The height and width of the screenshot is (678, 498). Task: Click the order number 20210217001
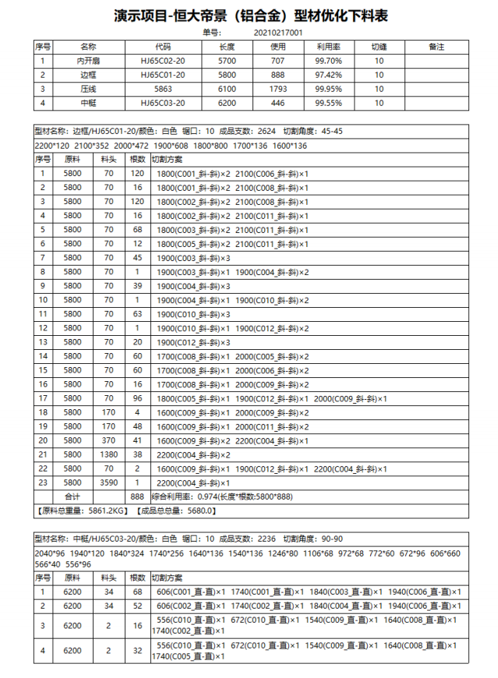tap(278, 33)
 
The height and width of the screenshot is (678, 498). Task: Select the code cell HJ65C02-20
tap(163, 61)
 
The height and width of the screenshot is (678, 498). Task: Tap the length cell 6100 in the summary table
tap(228, 89)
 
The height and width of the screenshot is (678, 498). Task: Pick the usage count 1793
tap(277, 89)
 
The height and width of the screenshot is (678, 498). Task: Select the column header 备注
tap(436, 47)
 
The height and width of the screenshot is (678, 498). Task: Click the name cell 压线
tap(88, 89)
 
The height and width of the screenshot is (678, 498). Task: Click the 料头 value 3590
tap(108, 482)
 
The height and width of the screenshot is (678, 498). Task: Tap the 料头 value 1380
tap(108, 454)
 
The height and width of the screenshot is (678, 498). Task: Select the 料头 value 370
tap(108, 440)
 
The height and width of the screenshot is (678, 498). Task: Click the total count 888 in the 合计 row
tap(137, 496)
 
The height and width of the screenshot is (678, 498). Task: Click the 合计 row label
tap(72, 496)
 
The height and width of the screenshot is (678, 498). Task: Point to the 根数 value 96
tap(137, 397)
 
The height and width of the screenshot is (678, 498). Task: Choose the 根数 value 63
tap(137, 313)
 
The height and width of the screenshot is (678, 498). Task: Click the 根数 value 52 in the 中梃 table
tap(137, 606)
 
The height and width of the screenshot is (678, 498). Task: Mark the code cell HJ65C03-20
tap(163, 103)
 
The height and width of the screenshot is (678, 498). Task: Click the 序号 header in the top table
tap(43, 47)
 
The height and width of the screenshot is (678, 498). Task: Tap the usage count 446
tap(277, 103)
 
